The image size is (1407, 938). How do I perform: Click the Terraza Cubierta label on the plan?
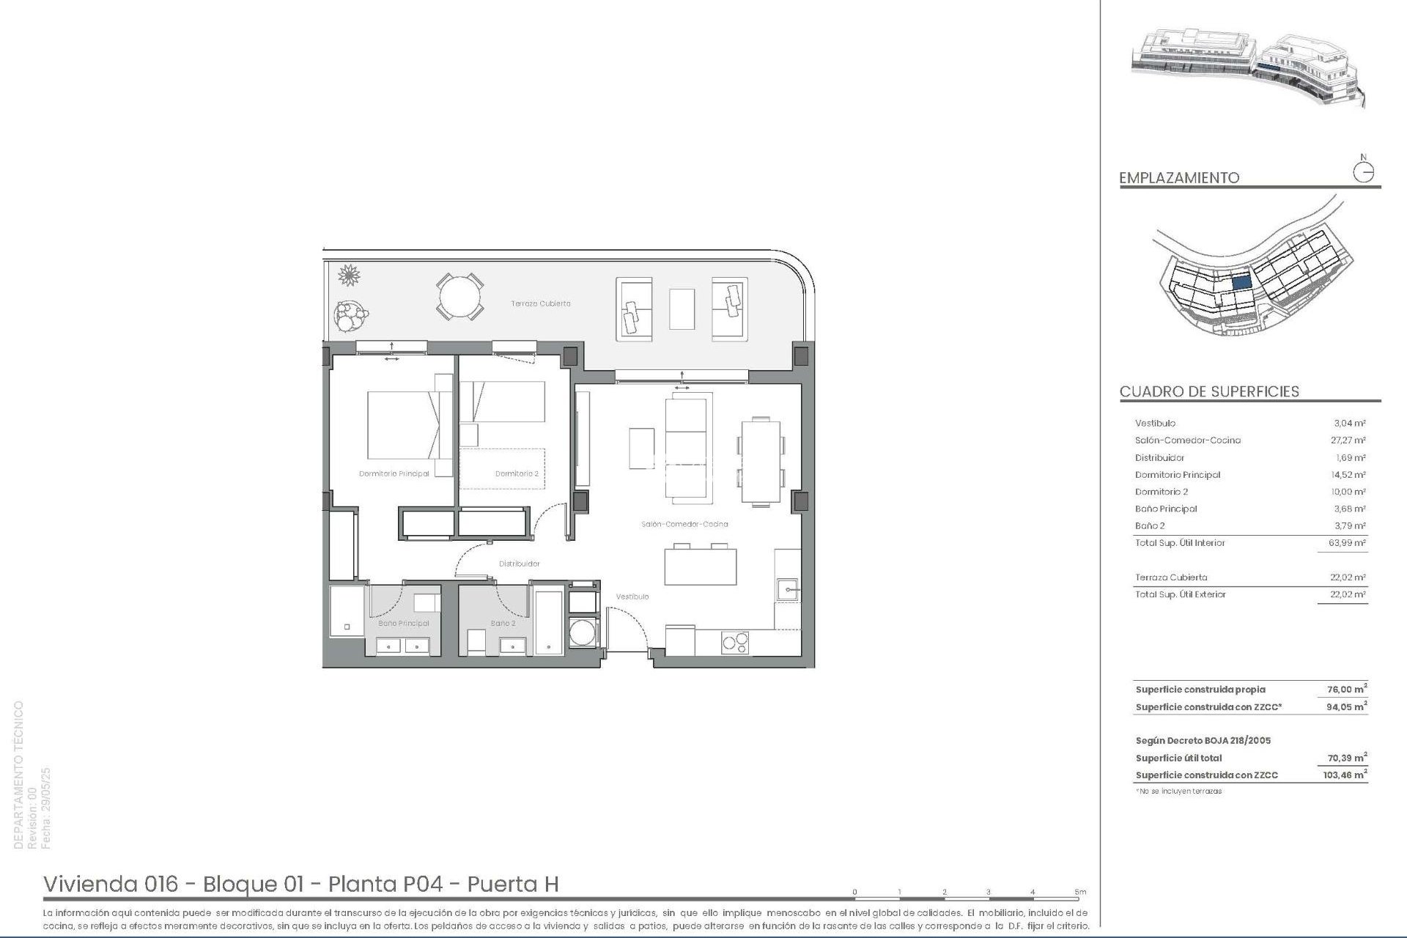(x=541, y=303)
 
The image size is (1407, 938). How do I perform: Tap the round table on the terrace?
(x=460, y=297)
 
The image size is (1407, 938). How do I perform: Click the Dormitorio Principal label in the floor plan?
(x=394, y=474)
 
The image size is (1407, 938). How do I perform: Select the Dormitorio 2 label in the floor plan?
(x=517, y=474)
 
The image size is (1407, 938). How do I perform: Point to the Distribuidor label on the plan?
(x=519, y=564)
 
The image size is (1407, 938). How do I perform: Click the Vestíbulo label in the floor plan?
(x=632, y=597)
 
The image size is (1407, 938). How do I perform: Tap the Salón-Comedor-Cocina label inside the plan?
(x=684, y=524)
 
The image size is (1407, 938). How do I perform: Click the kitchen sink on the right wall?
(x=788, y=589)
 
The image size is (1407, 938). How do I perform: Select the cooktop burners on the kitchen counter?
(x=735, y=643)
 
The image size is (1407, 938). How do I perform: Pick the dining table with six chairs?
(x=761, y=460)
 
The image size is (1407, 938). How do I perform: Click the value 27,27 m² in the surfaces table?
(x=1348, y=440)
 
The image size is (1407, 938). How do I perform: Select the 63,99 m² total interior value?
(x=1348, y=543)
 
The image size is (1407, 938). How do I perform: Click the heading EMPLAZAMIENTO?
(x=1179, y=178)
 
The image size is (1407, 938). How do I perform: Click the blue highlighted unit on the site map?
(x=1241, y=281)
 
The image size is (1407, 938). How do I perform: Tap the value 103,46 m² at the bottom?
(x=1345, y=775)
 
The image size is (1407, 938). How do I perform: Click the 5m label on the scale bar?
(x=1080, y=892)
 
